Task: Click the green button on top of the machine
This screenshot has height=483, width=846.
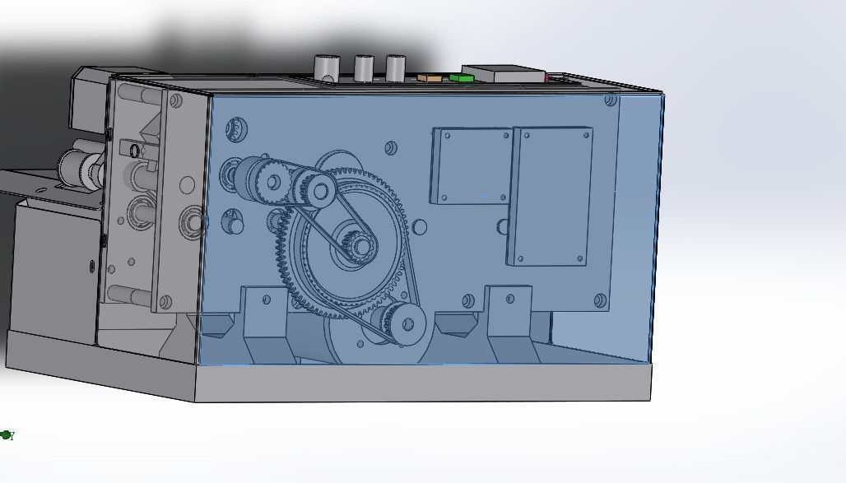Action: (462, 78)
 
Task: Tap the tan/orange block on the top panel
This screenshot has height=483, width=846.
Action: (429, 78)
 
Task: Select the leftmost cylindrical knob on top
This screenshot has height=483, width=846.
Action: (327, 67)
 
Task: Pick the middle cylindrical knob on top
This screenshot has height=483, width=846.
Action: (364, 68)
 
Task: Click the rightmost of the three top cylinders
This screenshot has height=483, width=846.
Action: (396, 68)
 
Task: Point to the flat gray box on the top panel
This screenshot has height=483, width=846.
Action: (503, 74)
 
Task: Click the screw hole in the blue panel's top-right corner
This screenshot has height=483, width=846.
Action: (610, 100)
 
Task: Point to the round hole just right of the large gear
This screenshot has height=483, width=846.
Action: (421, 226)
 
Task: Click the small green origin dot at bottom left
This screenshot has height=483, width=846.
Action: (6, 434)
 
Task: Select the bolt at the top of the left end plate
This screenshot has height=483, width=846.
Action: (175, 101)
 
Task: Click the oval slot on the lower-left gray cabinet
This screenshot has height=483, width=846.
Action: (90, 265)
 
